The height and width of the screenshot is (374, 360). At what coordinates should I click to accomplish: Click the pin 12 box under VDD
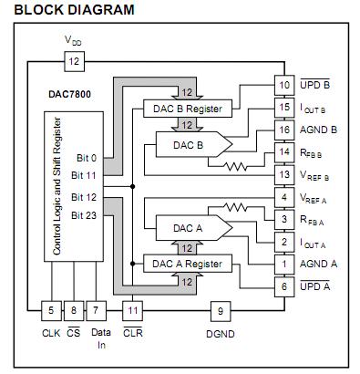(74, 62)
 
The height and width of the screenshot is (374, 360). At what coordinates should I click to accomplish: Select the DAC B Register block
(188, 109)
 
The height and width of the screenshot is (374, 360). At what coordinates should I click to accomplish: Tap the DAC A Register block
(188, 264)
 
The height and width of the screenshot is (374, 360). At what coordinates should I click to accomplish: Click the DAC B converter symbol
(194, 144)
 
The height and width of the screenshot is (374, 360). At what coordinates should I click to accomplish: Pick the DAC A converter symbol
(194, 228)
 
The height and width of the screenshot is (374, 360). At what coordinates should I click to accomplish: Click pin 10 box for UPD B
(284, 85)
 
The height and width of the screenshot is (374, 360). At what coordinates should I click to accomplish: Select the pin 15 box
(284, 108)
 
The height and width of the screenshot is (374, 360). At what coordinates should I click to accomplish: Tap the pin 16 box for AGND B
(284, 130)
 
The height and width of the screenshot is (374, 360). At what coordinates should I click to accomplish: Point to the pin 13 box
(284, 175)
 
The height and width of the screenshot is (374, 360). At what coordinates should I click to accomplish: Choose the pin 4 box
(284, 197)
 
